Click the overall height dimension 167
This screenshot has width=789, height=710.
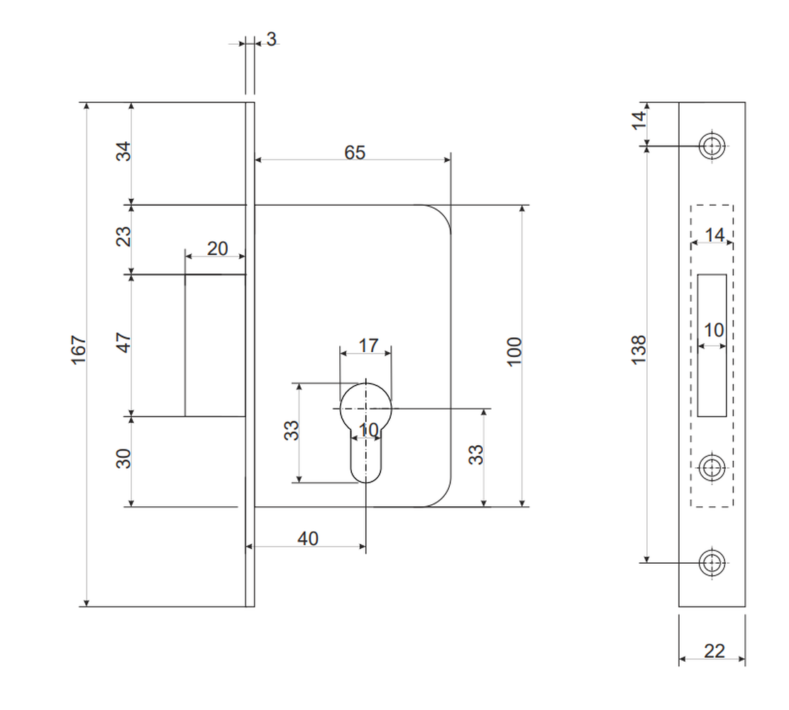pyautogui.click(x=79, y=349)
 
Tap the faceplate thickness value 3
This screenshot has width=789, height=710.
pyautogui.click(x=271, y=39)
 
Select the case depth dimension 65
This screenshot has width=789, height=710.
pyautogui.click(x=355, y=152)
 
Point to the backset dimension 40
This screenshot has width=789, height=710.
pyautogui.click(x=308, y=538)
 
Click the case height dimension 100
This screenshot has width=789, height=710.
pyautogui.click(x=514, y=351)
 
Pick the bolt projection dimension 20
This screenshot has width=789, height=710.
pyautogui.click(x=217, y=248)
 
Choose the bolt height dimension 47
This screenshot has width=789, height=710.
pyautogui.click(x=123, y=342)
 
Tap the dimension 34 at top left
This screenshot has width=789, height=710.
pyautogui.click(x=123, y=151)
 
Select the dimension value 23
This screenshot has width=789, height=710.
pyautogui.click(x=123, y=236)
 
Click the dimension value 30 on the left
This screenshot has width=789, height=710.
pyautogui.click(x=123, y=458)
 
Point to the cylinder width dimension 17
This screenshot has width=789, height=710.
pyautogui.click(x=368, y=346)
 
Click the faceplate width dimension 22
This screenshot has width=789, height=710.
pyautogui.click(x=714, y=651)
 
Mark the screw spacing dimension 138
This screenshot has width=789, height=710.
pyautogui.click(x=639, y=349)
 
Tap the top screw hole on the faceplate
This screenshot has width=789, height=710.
pyautogui.click(x=712, y=146)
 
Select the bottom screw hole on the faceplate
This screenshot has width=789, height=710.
pyautogui.click(x=712, y=562)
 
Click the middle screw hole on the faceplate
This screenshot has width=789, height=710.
pyautogui.click(x=712, y=468)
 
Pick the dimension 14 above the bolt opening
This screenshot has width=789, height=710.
pyautogui.click(x=714, y=234)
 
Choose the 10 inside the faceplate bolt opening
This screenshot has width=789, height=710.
pyautogui.click(x=714, y=330)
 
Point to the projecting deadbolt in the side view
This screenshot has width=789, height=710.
pyautogui.click(x=216, y=346)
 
